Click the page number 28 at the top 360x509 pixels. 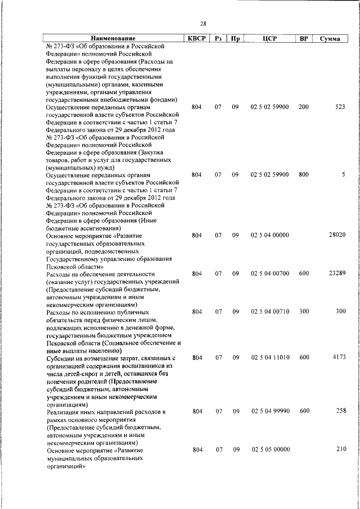tap(203, 23)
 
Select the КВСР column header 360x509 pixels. tap(197, 39)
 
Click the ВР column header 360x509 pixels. tap(304, 39)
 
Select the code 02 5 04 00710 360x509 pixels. tap(270, 311)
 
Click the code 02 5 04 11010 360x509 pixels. tap(270, 357)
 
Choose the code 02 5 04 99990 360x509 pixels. tap(270, 411)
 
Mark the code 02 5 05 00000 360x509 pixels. tap(270, 449)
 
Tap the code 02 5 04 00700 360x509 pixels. tap(270, 273)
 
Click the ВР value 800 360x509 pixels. tap(304, 174)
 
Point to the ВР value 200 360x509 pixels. tap(304, 106)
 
